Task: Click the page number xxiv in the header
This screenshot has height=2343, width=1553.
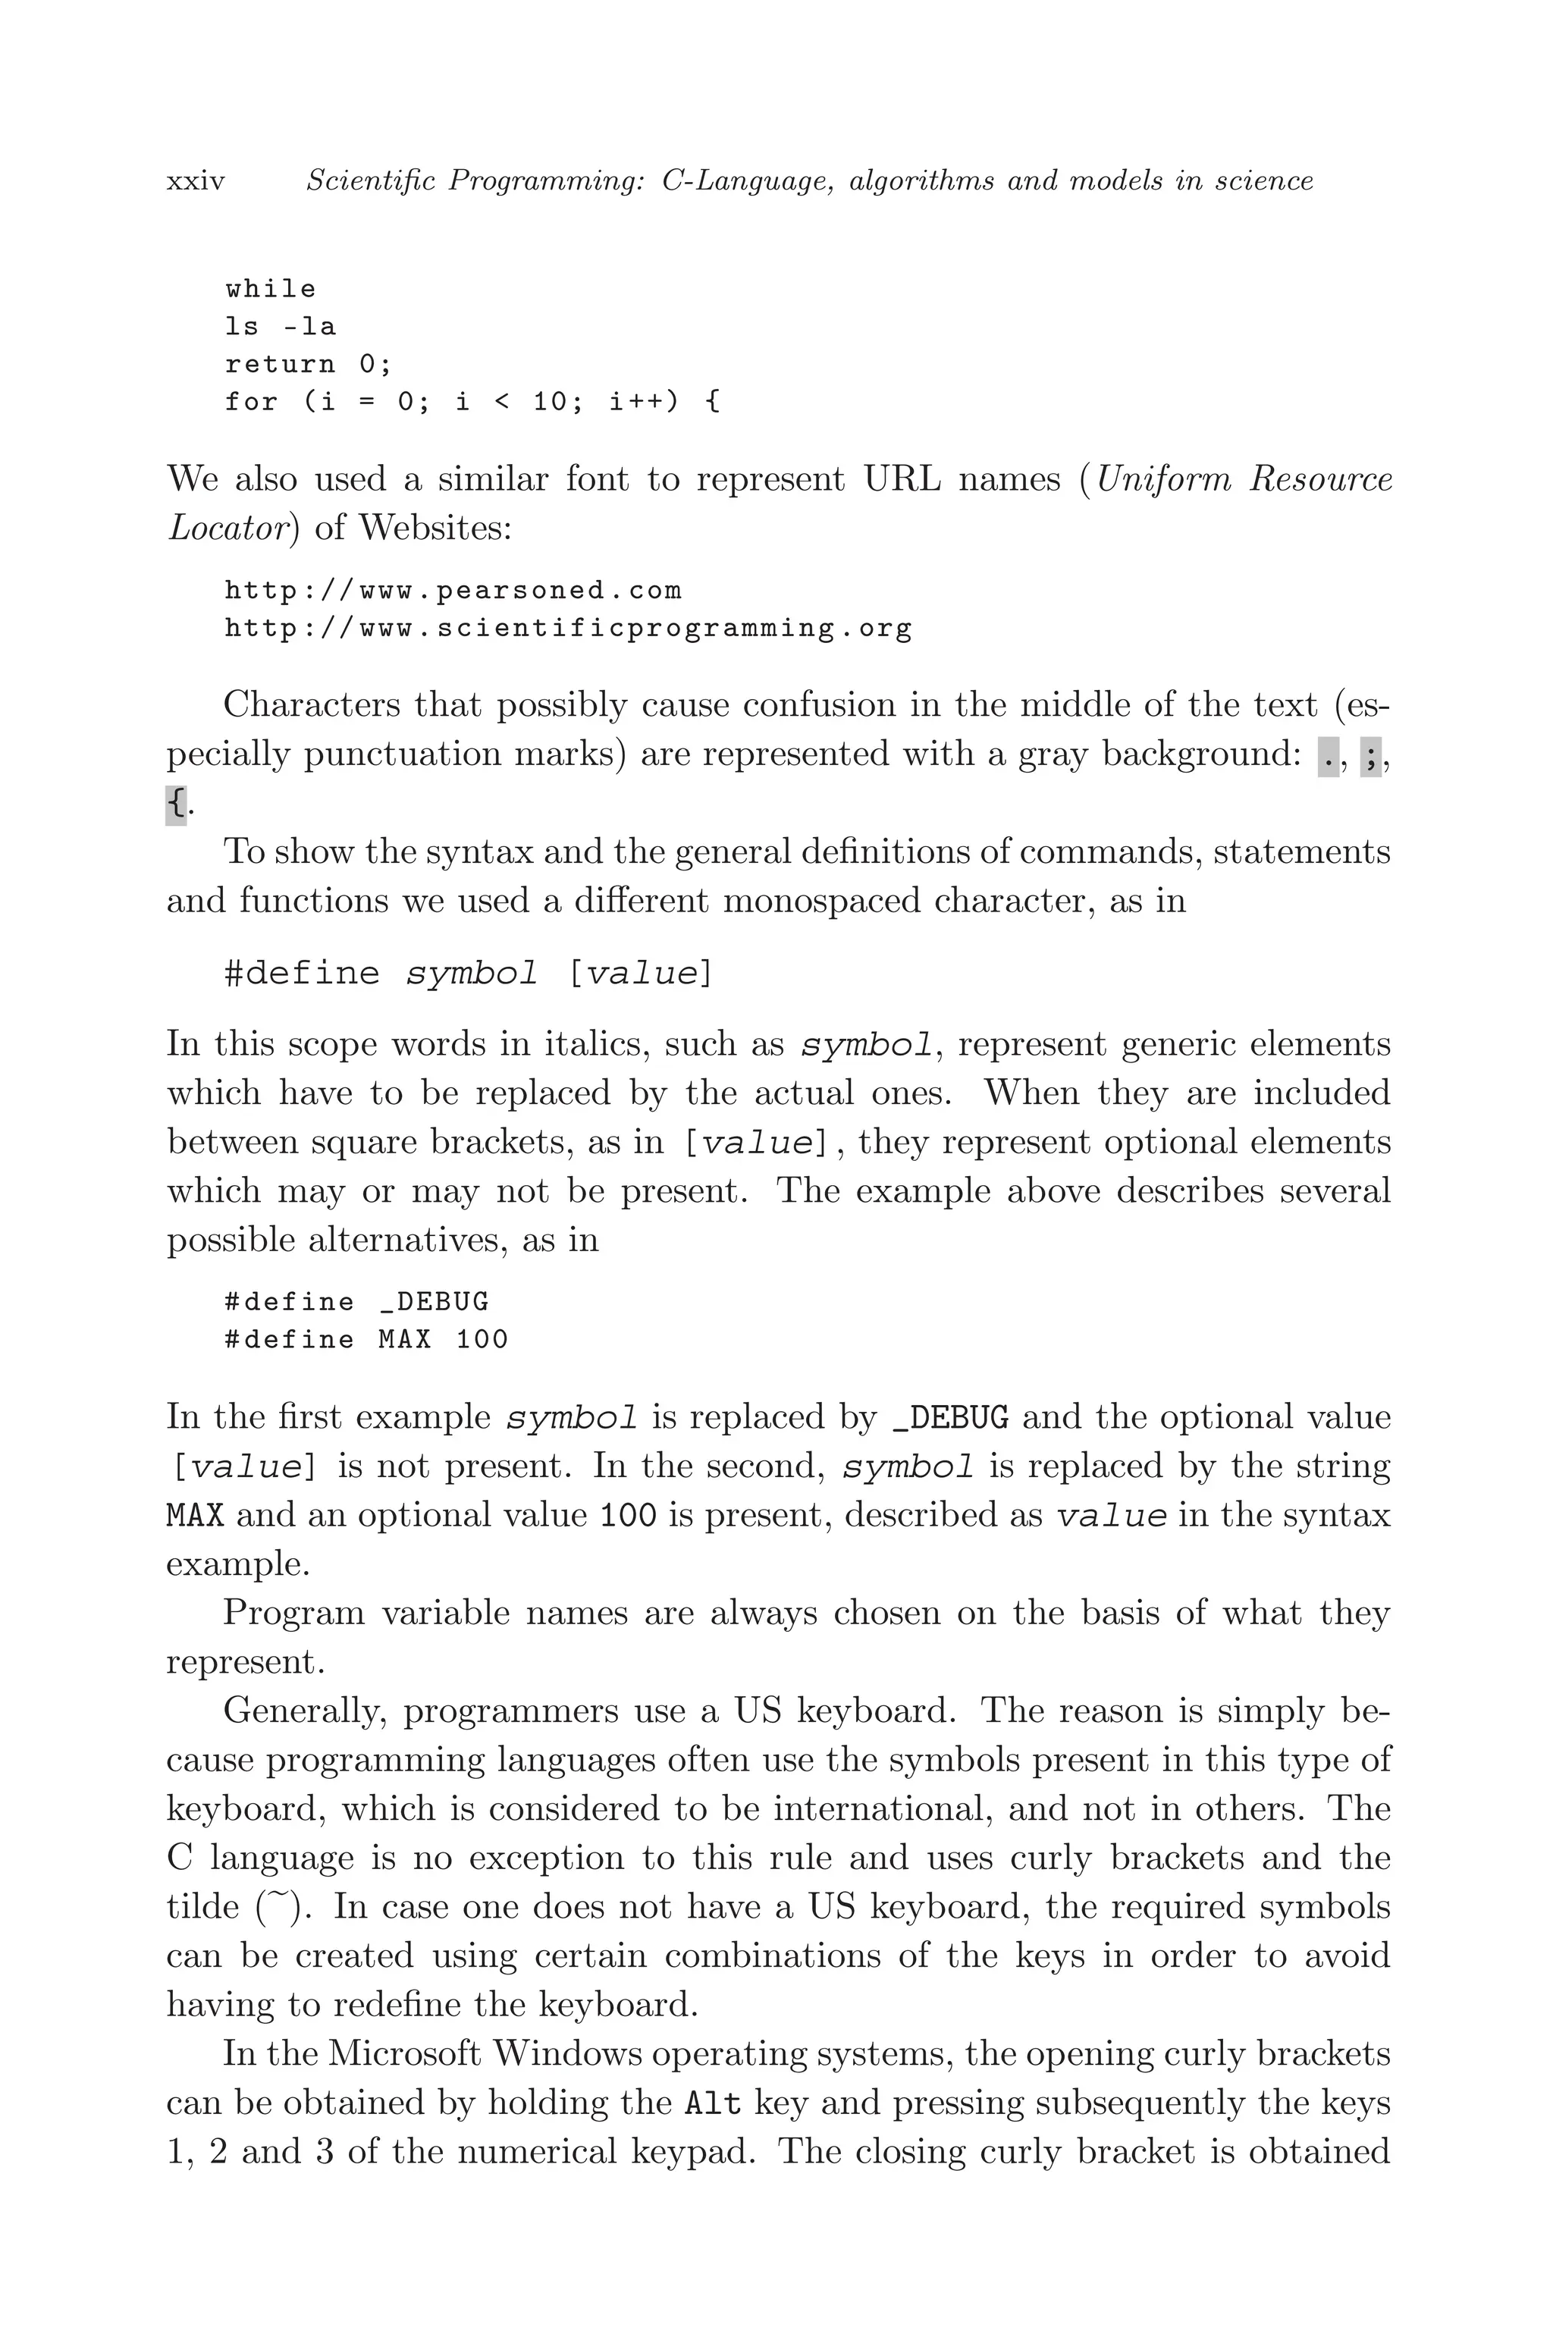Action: pyautogui.click(x=196, y=182)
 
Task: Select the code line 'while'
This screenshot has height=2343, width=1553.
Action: pyautogui.click(x=271, y=289)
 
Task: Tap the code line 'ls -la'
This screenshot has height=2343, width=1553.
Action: pyautogui.click(x=281, y=327)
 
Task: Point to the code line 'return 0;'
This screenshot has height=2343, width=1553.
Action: pyautogui.click(x=308, y=365)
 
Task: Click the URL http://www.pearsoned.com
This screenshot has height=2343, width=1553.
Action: pyautogui.click(x=453, y=591)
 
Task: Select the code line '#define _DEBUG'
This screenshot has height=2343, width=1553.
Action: pyautogui.click(x=356, y=1302)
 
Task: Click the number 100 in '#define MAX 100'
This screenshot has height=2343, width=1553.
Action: pyautogui.click(x=482, y=1340)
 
